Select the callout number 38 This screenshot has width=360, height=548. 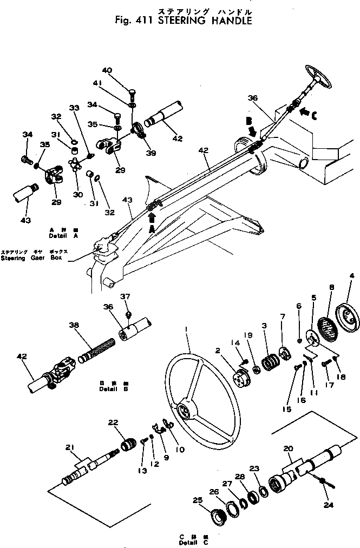[x=74, y=326]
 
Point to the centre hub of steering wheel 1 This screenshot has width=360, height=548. [x=184, y=412]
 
